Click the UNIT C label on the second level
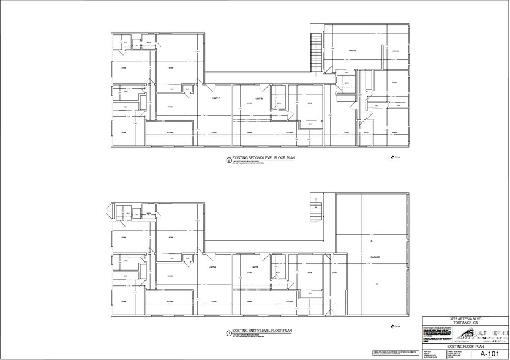(216, 98)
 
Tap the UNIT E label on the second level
(353, 50)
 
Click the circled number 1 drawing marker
(229, 334)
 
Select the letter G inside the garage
(371, 242)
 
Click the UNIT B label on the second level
(259, 98)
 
